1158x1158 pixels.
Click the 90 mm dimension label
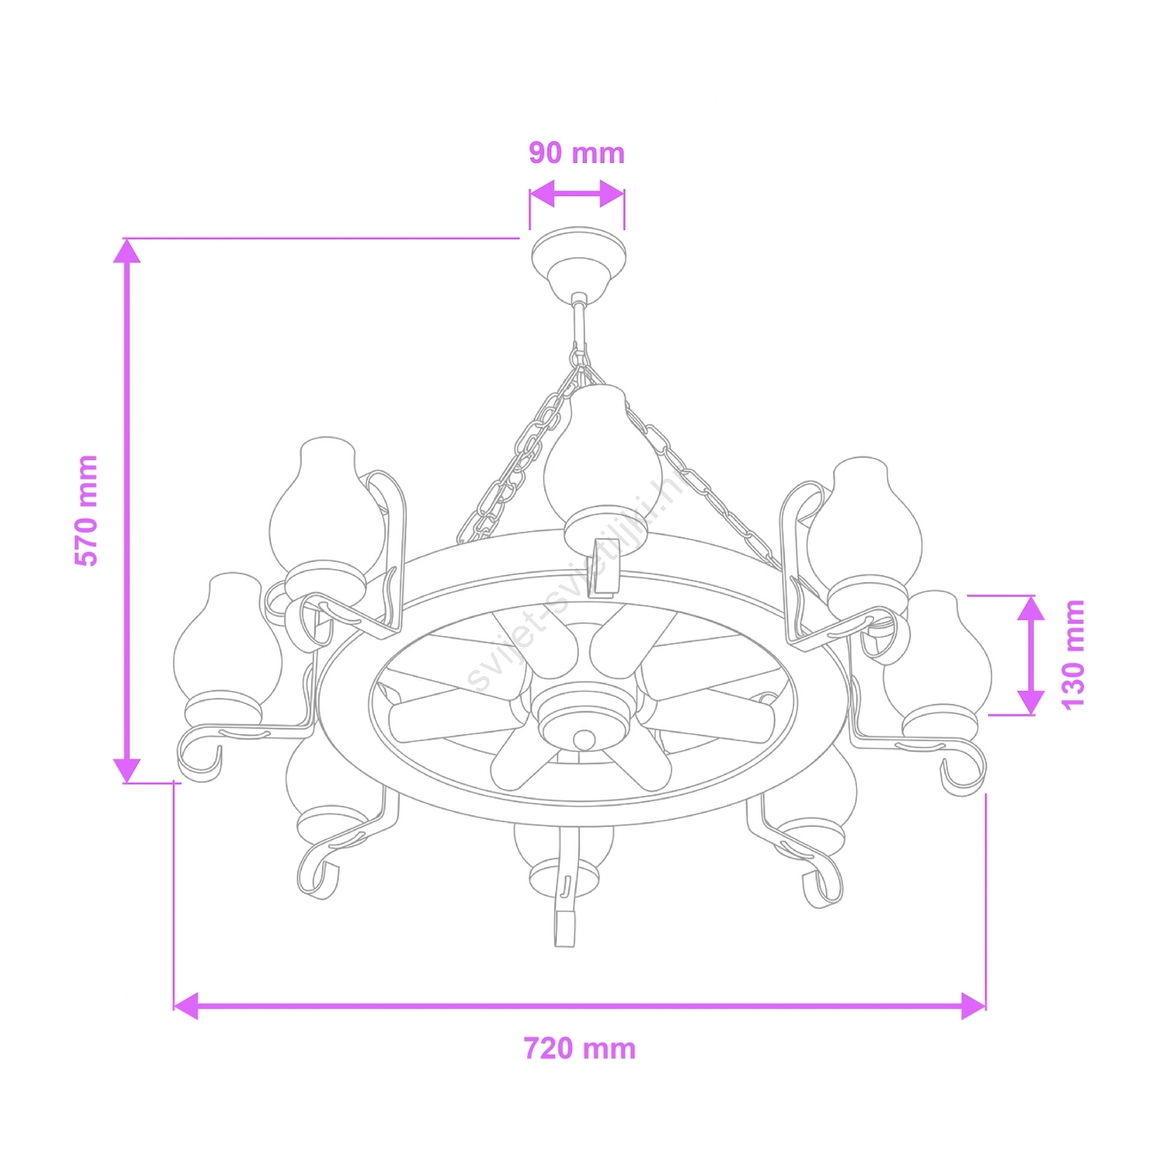pos(576,154)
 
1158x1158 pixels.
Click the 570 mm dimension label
pos(86,510)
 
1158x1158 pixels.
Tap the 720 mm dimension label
pos(579,1048)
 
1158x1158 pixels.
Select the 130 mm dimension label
pos(1073,654)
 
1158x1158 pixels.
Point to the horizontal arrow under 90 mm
pos(577,195)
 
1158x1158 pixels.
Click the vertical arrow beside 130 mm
pos(1031,655)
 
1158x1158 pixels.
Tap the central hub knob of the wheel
pos(584,740)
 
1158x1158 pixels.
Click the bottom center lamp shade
pos(564,857)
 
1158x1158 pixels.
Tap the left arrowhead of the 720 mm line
pos(186,1005)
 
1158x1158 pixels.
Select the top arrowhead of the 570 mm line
pos(127,252)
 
